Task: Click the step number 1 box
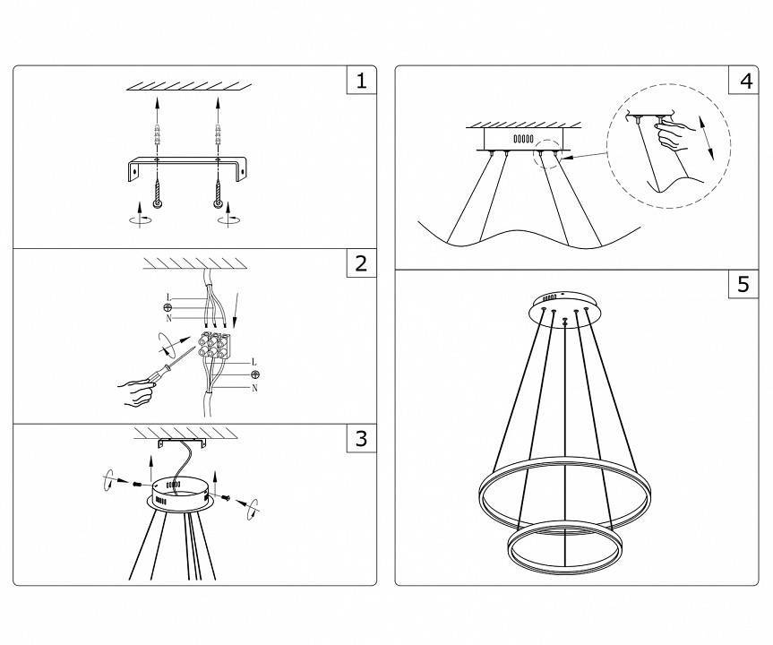tap(361, 82)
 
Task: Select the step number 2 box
tap(361, 263)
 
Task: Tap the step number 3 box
tap(361, 438)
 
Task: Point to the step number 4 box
tap(745, 82)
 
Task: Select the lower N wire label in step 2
tap(253, 388)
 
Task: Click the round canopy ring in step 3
tap(179, 493)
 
